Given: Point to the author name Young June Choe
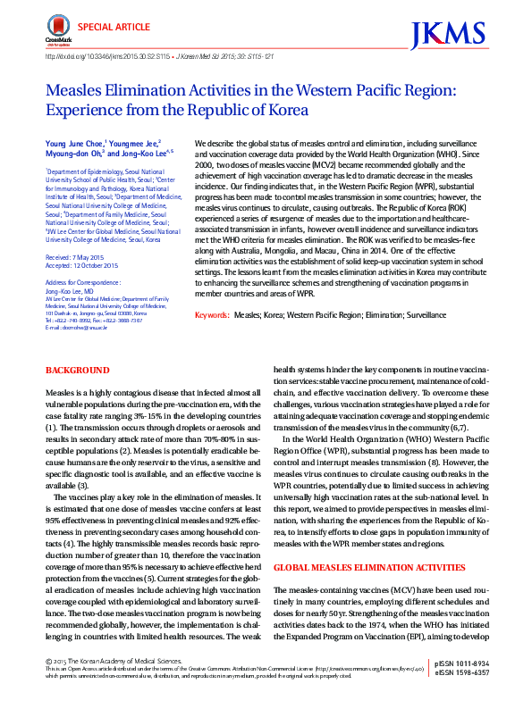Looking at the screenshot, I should [x=74, y=143].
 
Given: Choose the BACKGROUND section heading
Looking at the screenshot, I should [x=77, y=370].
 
